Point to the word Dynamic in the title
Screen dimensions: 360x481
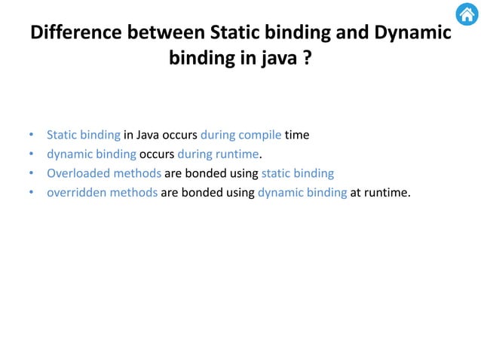pyautogui.click(x=409, y=34)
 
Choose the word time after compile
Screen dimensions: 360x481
pyautogui.click(x=297, y=136)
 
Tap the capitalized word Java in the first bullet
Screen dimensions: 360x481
pyautogui.click(x=151, y=136)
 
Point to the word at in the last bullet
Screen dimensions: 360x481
pyautogui.click(x=357, y=194)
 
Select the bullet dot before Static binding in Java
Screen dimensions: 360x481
pyautogui.click(x=31, y=136)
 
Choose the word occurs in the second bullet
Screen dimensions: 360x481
pyautogui.click(x=157, y=155)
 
